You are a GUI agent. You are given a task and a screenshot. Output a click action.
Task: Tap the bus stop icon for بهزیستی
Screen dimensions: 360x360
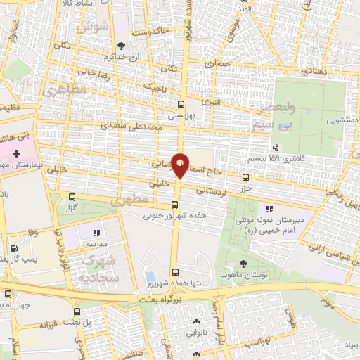point(181,103)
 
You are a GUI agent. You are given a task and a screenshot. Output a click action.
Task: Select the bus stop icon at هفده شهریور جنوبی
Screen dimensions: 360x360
point(174,205)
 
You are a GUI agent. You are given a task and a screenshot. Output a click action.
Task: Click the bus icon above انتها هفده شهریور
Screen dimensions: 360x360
point(175,273)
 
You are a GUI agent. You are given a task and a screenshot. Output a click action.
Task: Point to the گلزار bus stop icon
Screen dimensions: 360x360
point(72,197)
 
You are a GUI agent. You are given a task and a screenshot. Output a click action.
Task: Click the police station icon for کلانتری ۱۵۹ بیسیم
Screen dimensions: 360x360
point(275,148)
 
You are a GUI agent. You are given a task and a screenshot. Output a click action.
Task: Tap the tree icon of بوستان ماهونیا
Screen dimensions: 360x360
point(243,263)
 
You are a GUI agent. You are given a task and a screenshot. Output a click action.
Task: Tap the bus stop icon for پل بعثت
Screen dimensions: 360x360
point(76,311)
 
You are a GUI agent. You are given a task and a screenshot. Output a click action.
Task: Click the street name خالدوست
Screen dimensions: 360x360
point(152,32)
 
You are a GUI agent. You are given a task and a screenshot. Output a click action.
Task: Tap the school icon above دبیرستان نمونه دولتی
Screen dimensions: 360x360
point(269,208)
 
